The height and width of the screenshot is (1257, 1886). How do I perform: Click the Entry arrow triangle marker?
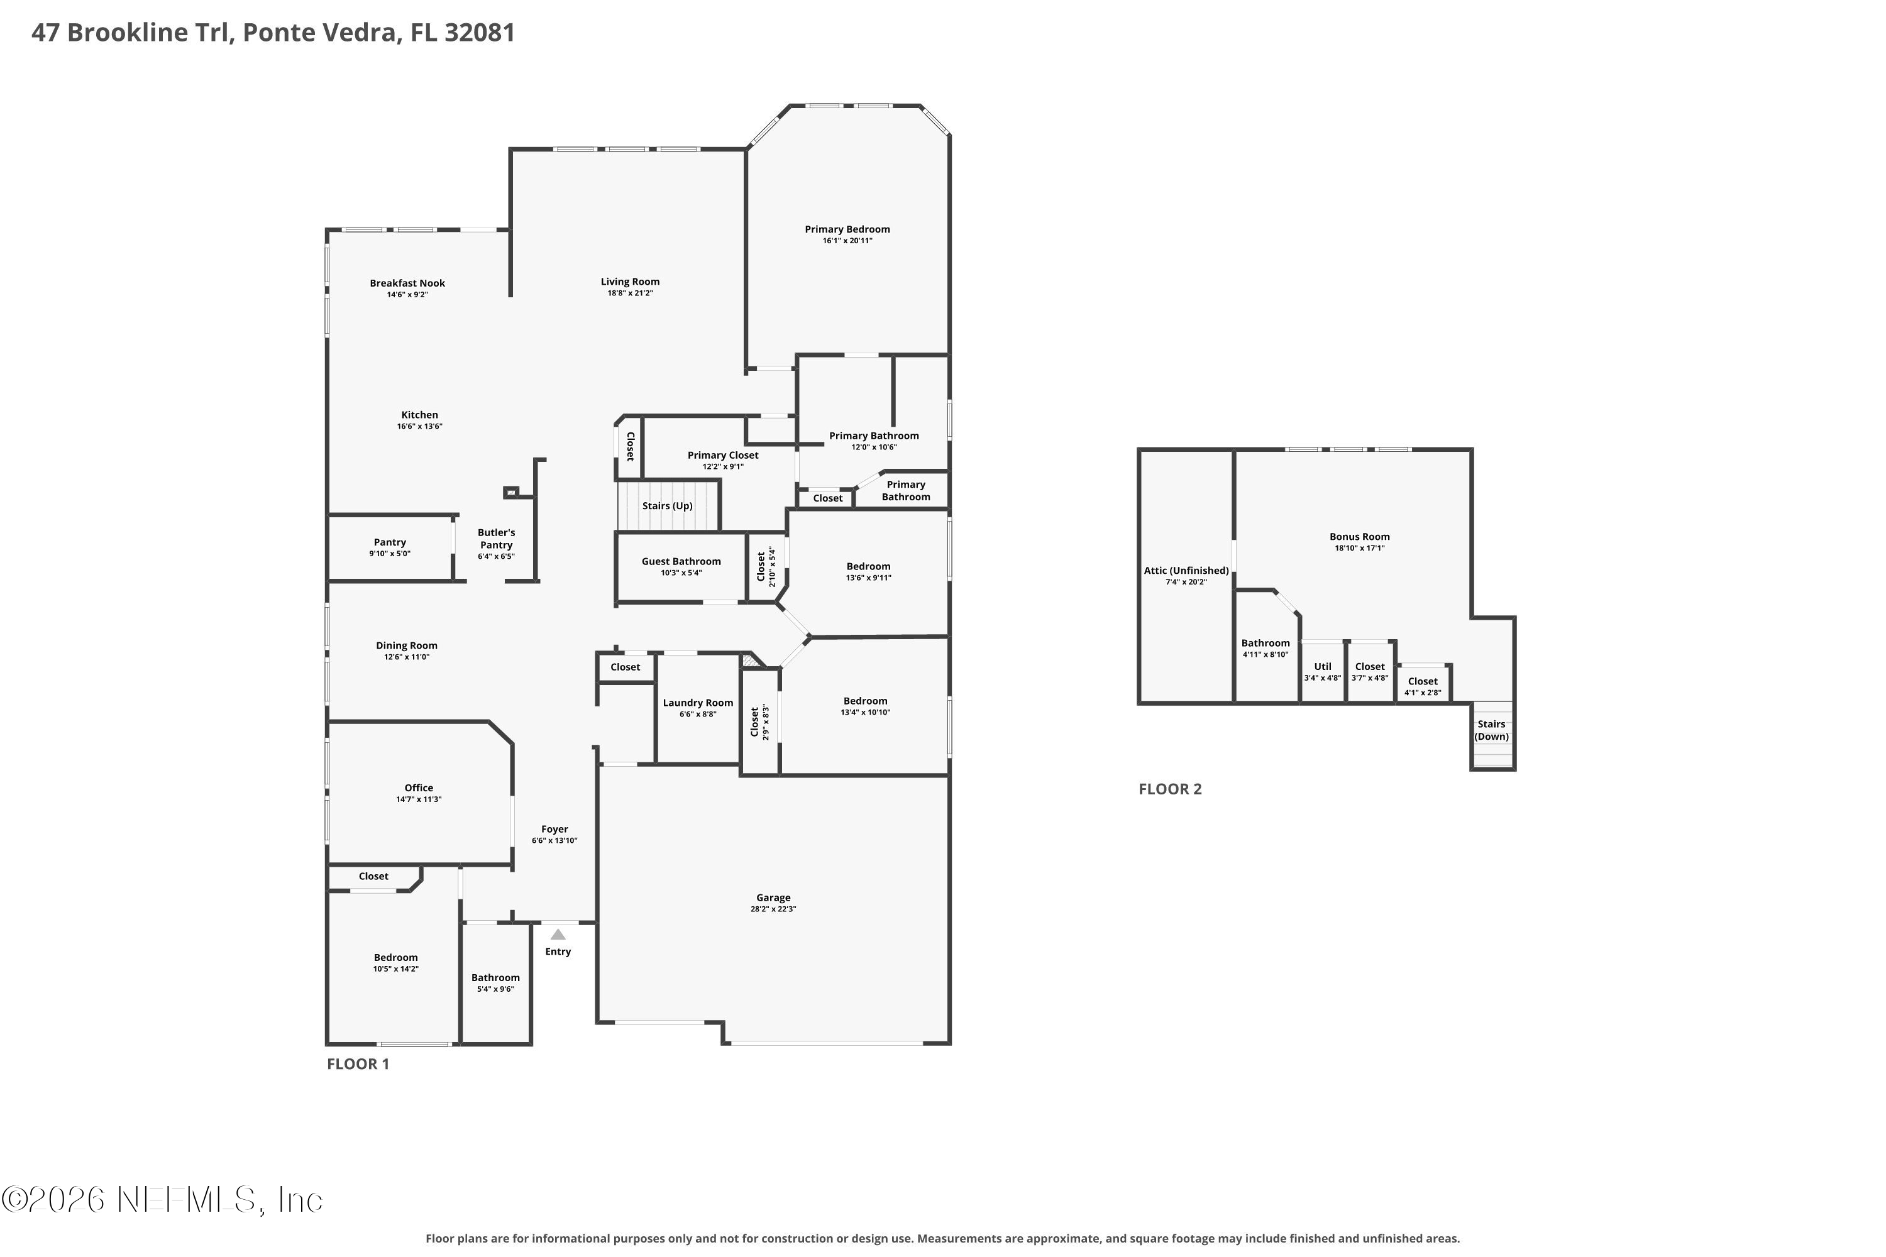(558, 934)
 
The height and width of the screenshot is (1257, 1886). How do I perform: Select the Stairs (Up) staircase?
(667, 505)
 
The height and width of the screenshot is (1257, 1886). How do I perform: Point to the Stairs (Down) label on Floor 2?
(1491, 730)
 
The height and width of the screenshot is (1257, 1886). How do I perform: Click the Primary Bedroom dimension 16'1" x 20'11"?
(847, 241)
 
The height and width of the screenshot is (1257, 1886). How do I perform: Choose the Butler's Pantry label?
(497, 539)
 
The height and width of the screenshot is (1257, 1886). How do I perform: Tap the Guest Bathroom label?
(681, 561)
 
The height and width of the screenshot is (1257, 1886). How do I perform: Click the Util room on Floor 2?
(1322, 672)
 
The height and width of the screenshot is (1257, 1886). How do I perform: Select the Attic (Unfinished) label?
(1186, 571)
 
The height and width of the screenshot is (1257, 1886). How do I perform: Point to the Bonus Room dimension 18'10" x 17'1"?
(1359, 548)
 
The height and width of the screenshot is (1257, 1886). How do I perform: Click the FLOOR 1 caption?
(358, 1064)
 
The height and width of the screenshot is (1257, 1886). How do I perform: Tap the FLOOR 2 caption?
(1170, 789)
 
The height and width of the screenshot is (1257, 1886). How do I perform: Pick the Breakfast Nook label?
(407, 283)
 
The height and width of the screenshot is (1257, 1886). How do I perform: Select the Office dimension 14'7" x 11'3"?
(419, 799)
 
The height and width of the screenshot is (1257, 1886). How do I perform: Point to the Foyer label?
(554, 830)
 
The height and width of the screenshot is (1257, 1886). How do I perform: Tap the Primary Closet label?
(722, 455)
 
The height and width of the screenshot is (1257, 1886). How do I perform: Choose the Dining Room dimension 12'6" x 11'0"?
(407, 657)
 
